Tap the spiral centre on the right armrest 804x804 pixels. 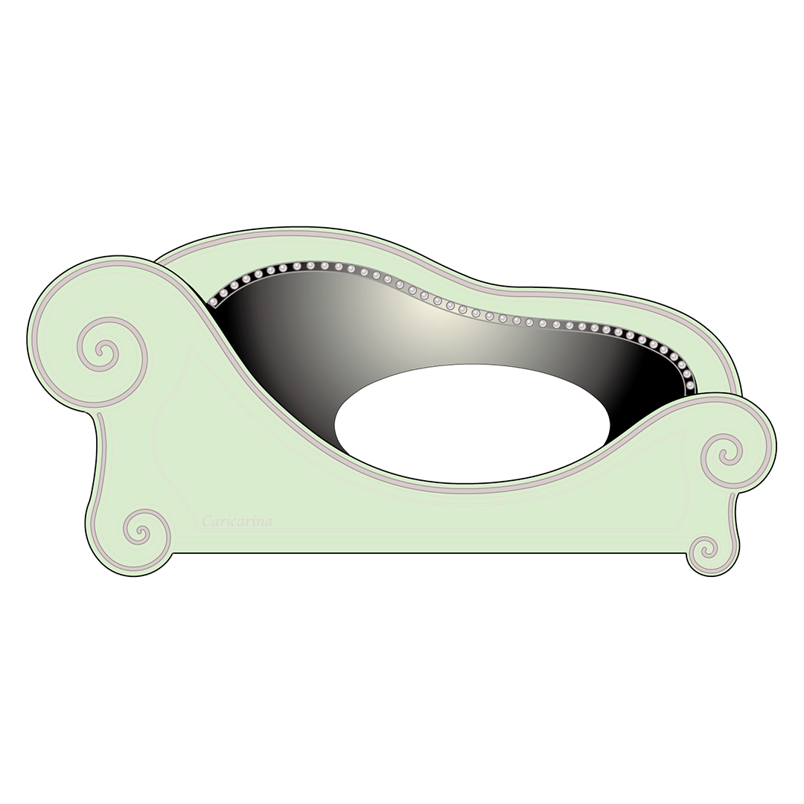coord(724,456)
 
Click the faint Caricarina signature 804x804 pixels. coord(237,521)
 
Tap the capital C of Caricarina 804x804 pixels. coord(207,521)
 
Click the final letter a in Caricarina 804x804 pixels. coord(268,523)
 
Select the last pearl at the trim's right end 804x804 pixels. coord(690,385)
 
